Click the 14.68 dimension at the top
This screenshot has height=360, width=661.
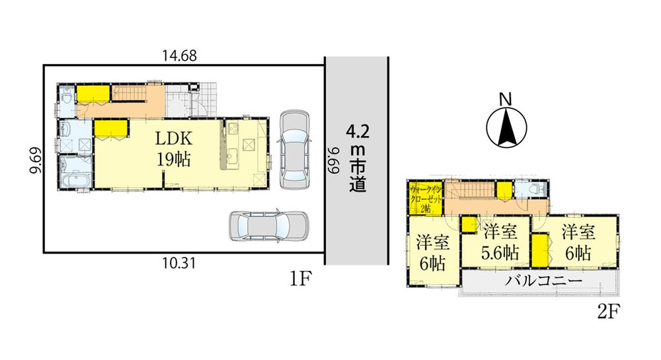(180, 57)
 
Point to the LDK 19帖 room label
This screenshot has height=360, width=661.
(173, 149)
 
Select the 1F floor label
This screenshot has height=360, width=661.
(299, 279)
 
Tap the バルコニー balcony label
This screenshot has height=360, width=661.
(544, 281)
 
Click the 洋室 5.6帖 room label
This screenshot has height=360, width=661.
(500, 242)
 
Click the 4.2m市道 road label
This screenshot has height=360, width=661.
(358, 157)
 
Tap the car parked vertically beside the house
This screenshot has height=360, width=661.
(293, 149)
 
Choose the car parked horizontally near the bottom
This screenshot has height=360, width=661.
(268, 227)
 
